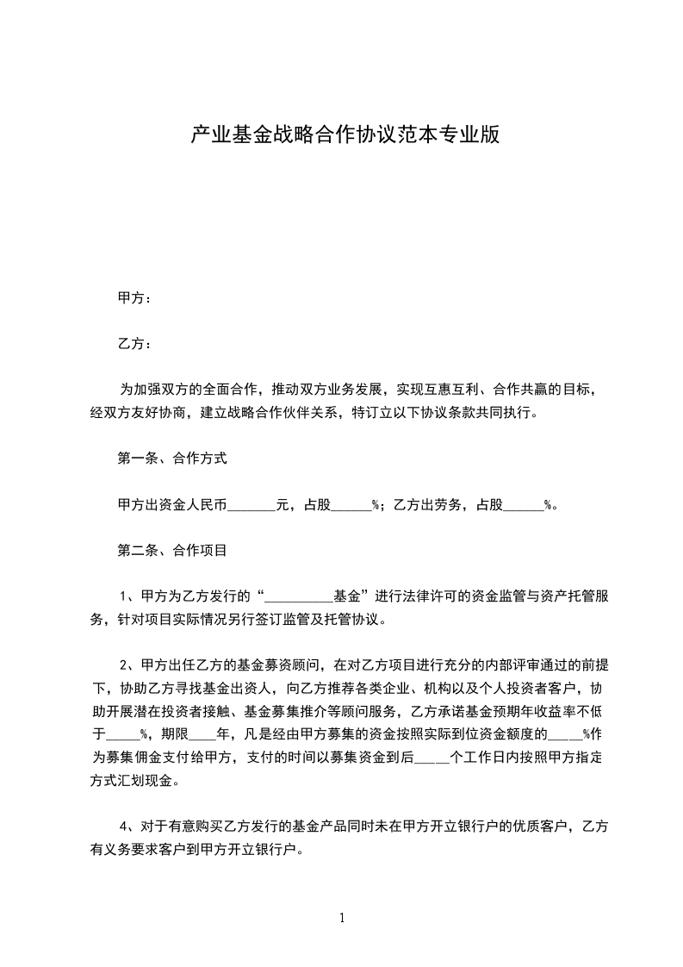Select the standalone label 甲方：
(134, 298)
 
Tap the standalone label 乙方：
(134, 344)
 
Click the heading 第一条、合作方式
(172, 459)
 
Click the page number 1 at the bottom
(342, 918)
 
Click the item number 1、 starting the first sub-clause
(128, 596)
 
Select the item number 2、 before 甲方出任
(128, 664)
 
